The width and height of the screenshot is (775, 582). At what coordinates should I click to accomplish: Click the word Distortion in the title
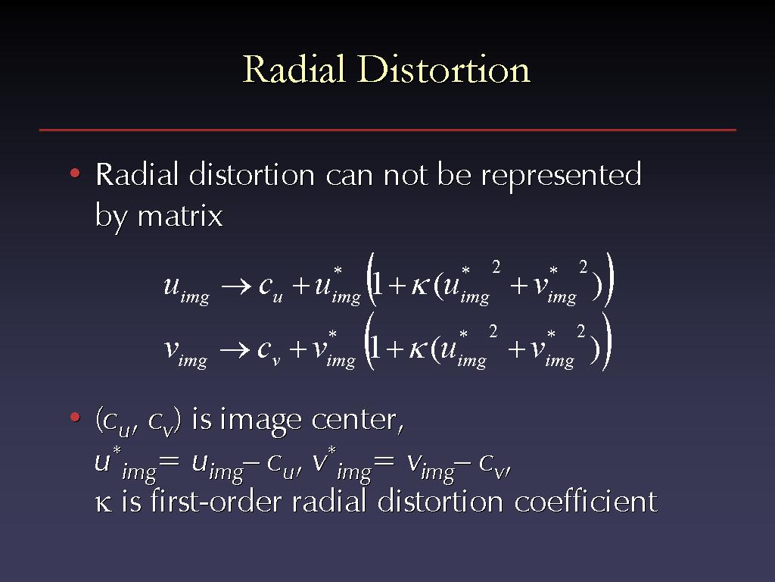[x=444, y=69]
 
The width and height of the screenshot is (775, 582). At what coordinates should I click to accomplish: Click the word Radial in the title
[x=294, y=69]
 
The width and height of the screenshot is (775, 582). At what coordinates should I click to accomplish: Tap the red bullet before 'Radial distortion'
[x=75, y=174]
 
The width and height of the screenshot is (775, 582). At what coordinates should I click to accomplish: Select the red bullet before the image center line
[x=75, y=418]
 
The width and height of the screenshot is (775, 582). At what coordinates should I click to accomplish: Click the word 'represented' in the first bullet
[x=561, y=176]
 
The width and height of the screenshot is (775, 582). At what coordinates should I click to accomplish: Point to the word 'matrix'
[x=180, y=216]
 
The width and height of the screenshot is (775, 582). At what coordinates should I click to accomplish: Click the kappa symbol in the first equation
[x=419, y=287]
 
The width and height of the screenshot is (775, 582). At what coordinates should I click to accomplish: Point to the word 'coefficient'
[x=587, y=501]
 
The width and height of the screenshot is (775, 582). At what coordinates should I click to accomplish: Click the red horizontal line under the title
[x=387, y=130]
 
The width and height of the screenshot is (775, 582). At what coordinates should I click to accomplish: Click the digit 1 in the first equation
[x=378, y=285]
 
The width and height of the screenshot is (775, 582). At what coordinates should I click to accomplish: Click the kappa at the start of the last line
[x=103, y=503]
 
